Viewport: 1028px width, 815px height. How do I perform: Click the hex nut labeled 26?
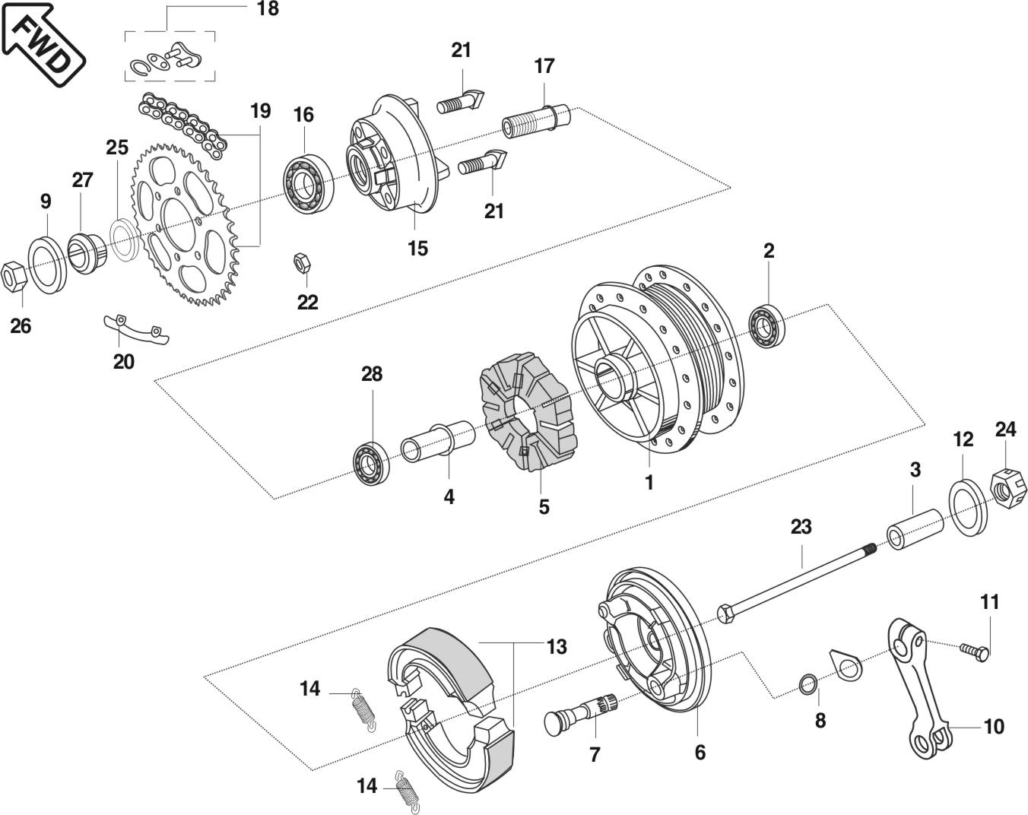tap(14, 277)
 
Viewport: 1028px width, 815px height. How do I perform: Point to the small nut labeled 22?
tap(302, 263)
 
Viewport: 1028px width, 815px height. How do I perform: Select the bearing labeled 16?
tap(309, 184)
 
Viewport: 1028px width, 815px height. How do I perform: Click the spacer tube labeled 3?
tap(915, 530)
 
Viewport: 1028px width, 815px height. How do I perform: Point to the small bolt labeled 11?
tap(975, 651)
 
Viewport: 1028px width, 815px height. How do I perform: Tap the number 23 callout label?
tap(801, 528)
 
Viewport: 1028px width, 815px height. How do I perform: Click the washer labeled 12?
tap(967, 507)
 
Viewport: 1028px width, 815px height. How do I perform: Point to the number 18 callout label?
tap(268, 8)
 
